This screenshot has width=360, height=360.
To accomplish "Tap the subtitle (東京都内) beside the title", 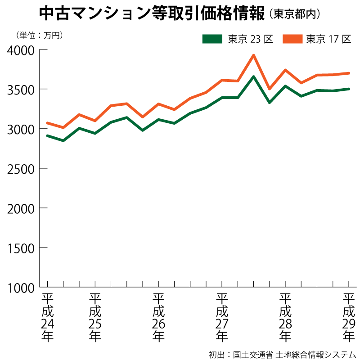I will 295,14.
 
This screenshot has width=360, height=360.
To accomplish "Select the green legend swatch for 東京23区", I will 212,39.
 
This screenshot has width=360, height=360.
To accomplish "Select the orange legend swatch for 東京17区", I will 292,39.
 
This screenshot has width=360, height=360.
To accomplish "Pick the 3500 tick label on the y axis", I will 22,89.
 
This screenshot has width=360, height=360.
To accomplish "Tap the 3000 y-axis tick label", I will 22,129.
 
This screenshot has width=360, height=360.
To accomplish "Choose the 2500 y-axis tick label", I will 22,168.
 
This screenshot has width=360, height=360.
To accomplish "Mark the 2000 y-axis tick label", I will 22,208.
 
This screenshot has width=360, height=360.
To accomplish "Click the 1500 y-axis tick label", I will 22,247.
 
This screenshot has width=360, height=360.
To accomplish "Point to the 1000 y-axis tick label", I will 22,287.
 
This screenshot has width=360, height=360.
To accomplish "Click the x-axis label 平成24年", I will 47,317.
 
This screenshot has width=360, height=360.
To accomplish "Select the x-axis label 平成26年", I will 158,317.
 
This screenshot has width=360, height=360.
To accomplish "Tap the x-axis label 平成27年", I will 221,317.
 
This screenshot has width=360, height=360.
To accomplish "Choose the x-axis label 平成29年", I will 349,317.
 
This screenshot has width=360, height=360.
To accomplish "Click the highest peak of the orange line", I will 254,55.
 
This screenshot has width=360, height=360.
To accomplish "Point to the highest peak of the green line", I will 254,76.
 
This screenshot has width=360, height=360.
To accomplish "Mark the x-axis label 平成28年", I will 285,317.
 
